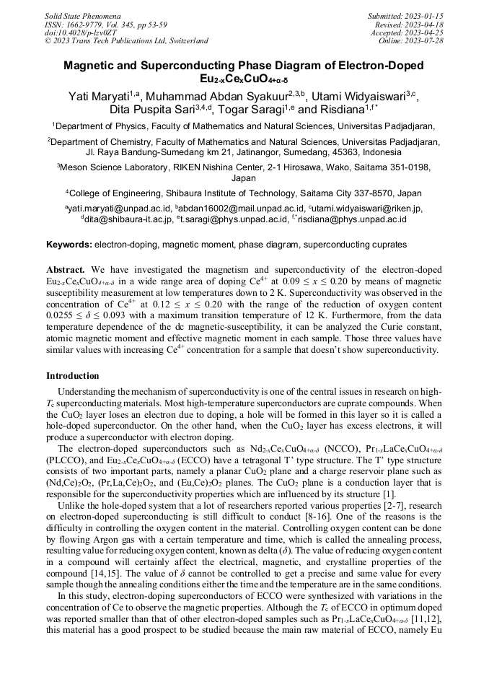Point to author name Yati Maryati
tap(104, 97)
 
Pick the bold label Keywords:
tap(69, 245)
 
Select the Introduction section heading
tap(73, 376)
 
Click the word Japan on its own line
tap(244, 178)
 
